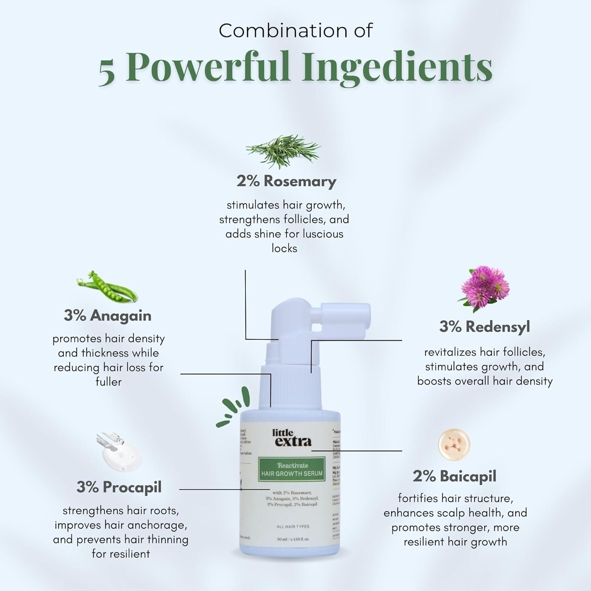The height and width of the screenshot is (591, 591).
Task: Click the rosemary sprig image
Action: pyautogui.click(x=283, y=151)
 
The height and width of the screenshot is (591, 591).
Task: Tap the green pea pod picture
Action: pyautogui.click(x=107, y=286)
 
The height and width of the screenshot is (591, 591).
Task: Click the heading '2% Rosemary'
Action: pyautogui.click(x=286, y=181)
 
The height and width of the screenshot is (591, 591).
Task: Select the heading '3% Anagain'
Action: pyautogui.click(x=108, y=316)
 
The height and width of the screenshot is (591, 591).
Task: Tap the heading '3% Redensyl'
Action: pyautogui.click(x=485, y=327)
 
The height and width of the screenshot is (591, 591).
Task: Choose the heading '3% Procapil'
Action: pyautogui.click(x=119, y=487)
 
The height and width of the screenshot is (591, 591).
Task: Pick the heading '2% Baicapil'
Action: pyautogui.click(x=455, y=476)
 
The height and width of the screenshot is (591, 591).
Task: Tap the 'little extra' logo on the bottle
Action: pyautogui.click(x=292, y=438)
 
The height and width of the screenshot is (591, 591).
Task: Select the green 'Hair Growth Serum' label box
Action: pyautogui.click(x=292, y=469)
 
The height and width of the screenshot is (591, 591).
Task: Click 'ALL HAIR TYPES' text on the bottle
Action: pyautogui.click(x=293, y=526)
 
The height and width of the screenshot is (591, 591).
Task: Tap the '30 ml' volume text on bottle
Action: pyautogui.click(x=282, y=539)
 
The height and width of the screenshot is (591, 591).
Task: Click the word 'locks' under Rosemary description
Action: pyautogui.click(x=284, y=249)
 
